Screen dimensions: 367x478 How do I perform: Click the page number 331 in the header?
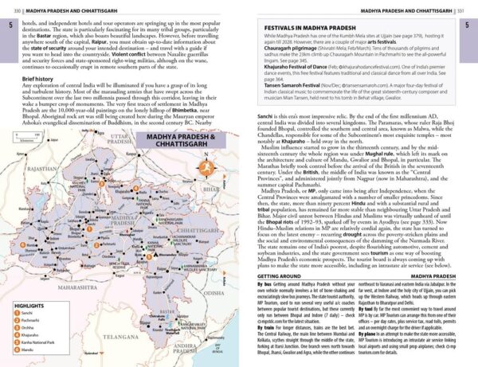(470, 7)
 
